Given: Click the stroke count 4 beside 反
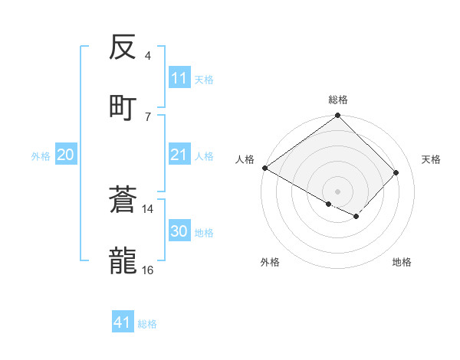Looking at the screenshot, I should pyautogui.click(x=148, y=56).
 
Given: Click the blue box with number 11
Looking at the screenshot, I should pyautogui.click(x=179, y=78).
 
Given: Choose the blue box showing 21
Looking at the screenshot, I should pyautogui.click(x=179, y=155).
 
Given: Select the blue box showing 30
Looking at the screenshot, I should pyautogui.click(x=179, y=232).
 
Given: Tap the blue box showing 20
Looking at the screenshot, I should pyautogui.click(x=65, y=155).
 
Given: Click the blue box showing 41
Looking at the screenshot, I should pyautogui.click(x=123, y=323).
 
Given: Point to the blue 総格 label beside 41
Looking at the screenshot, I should pyautogui.click(x=147, y=324).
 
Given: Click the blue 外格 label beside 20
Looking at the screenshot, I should pyautogui.click(x=41, y=156).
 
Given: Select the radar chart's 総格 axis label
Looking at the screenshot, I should pyautogui.click(x=338, y=100).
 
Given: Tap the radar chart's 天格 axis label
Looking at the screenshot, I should pyautogui.click(x=431, y=159).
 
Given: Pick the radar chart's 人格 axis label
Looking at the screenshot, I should pyautogui.click(x=245, y=159).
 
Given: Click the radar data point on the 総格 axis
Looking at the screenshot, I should pyautogui.click(x=338, y=116).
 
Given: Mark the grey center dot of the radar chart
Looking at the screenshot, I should pyautogui.click(x=338, y=191).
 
